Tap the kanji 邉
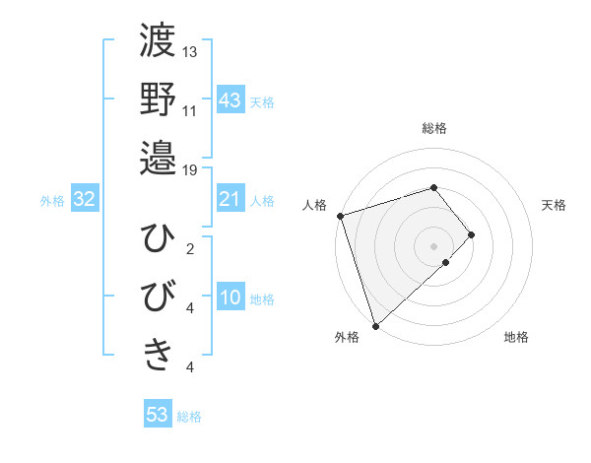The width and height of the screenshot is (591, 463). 158,156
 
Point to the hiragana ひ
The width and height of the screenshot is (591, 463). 158,239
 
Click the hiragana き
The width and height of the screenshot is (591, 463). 158,354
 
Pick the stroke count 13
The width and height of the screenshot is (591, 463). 190,51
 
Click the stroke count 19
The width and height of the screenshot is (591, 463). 190,169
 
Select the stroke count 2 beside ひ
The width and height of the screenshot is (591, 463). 190,248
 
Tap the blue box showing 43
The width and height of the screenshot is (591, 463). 230,100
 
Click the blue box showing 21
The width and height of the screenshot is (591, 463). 230,200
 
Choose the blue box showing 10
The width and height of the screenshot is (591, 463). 230,298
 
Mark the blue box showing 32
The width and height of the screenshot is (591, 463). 85,200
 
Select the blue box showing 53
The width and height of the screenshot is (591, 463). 158,415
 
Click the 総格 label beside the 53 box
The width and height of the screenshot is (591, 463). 189,417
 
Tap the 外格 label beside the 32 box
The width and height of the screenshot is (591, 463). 52,201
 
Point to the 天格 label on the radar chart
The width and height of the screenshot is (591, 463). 555,205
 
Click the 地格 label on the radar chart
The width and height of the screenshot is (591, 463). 516,337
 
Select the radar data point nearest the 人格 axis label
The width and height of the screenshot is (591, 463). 340,215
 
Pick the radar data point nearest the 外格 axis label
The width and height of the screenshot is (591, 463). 375,324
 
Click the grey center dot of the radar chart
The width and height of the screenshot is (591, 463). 433,244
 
